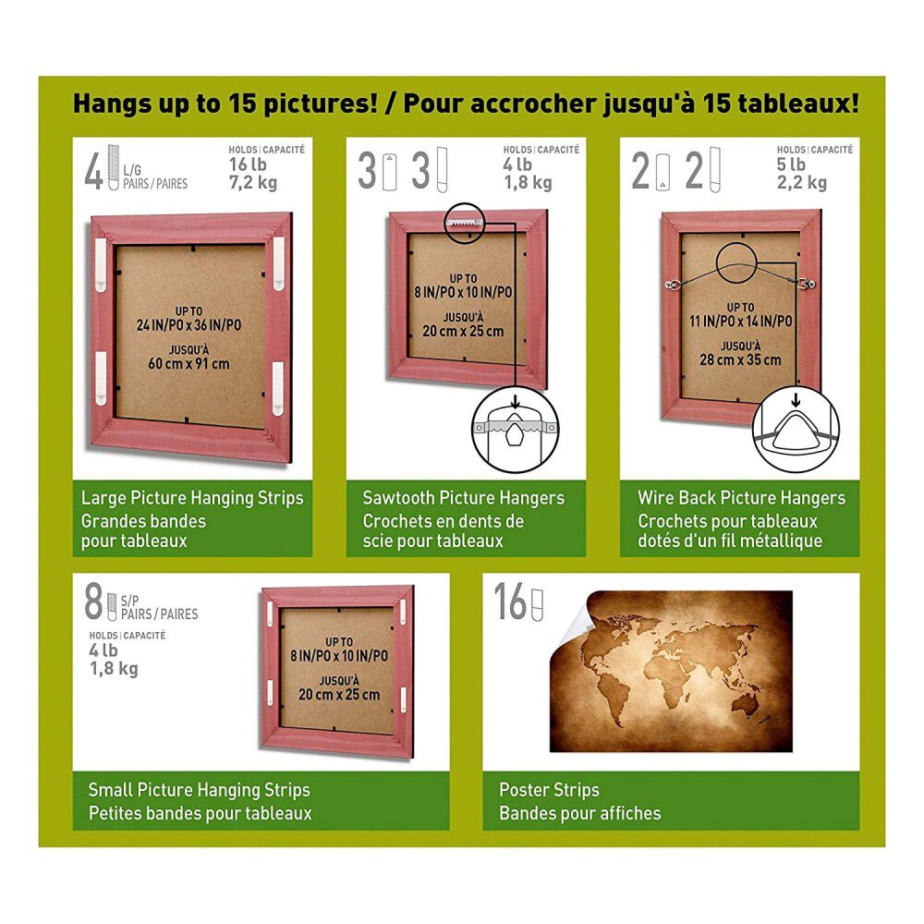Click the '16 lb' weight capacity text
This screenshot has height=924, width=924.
click(x=248, y=164)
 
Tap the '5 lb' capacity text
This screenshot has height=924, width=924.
click(x=791, y=164)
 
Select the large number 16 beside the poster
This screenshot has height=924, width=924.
click(x=510, y=602)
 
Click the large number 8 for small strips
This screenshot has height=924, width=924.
click(x=93, y=602)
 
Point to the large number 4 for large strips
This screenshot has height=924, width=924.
click(x=93, y=172)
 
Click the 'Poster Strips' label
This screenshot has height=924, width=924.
click(x=549, y=790)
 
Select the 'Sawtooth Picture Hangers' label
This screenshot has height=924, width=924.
click(x=463, y=498)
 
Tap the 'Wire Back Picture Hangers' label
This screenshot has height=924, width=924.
click(x=741, y=498)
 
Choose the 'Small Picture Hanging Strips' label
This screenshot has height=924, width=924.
click(x=200, y=790)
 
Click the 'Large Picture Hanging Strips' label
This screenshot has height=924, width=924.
click(x=192, y=498)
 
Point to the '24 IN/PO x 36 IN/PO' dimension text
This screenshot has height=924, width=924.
click(x=188, y=324)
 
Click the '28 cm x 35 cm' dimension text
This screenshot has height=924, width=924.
click(x=740, y=359)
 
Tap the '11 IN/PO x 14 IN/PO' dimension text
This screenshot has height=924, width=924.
click(x=741, y=322)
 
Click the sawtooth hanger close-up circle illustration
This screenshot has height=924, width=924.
click(x=516, y=431)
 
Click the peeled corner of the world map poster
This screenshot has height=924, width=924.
click(x=568, y=620)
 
